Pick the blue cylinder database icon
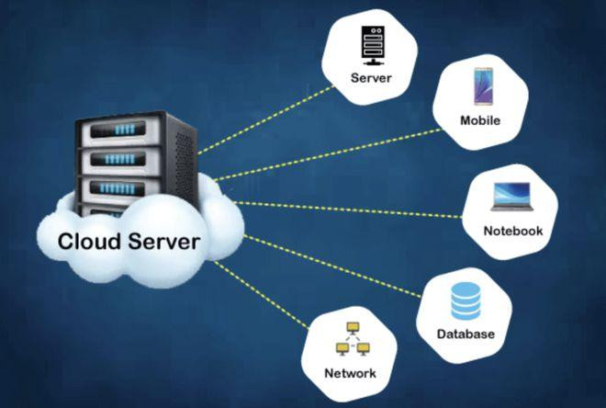[466, 300]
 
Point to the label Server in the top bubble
[371, 78]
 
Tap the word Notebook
[513, 230]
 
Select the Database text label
[466, 334]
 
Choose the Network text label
[350, 374]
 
